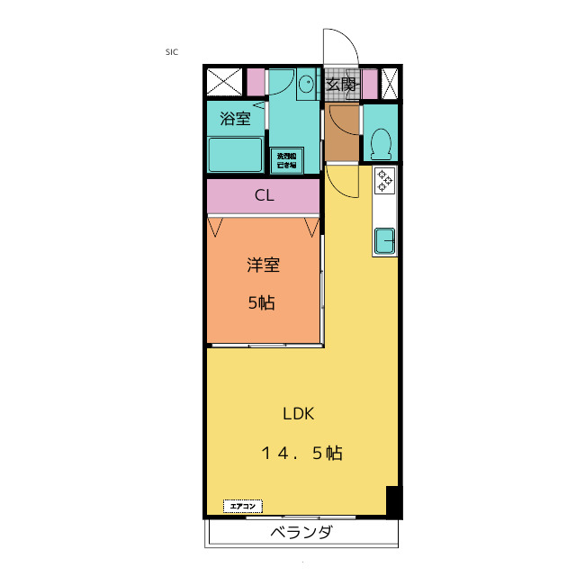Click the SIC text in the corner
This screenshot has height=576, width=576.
pyautogui.click(x=172, y=52)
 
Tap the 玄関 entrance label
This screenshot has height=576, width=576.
pyautogui.click(x=339, y=85)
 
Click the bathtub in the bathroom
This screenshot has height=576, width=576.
pyautogui.click(x=235, y=154)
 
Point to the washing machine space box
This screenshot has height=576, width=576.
pyautogui.click(x=287, y=160)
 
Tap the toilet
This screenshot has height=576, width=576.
pyautogui.click(x=381, y=142)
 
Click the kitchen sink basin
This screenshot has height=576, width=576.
pyautogui.click(x=385, y=240)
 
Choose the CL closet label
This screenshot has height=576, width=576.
pyautogui.click(x=263, y=195)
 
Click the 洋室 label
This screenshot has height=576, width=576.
pyautogui.click(x=263, y=265)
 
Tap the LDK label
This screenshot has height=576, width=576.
pyautogui.click(x=297, y=414)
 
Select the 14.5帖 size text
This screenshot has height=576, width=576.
pyautogui.click(x=302, y=454)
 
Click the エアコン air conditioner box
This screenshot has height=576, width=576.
pyautogui.click(x=242, y=506)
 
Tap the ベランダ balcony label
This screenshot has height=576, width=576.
pyautogui.click(x=301, y=532)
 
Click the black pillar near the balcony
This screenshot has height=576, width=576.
pyautogui.click(x=391, y=500)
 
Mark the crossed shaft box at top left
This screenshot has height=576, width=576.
pyautogui.click(x=224, y=83)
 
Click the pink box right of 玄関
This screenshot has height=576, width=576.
pyautogui.click(x=369, y=83)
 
